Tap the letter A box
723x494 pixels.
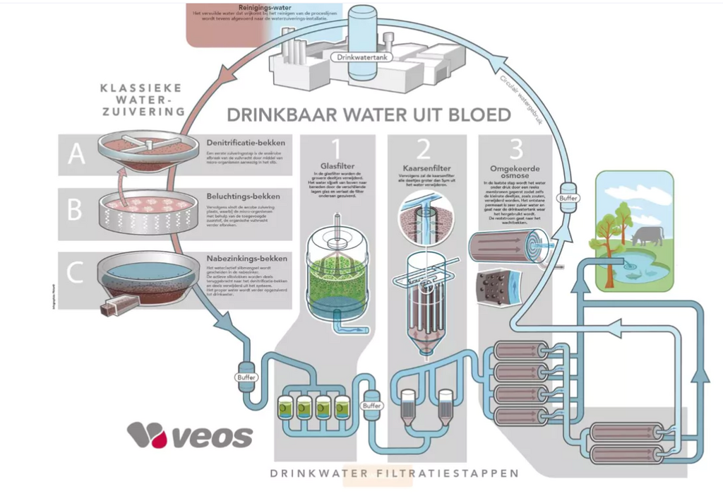click(76, 153)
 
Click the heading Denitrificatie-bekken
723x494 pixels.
click(242, 141)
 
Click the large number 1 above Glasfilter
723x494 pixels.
click(335, 149)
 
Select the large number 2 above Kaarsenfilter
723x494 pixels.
click(424, 149)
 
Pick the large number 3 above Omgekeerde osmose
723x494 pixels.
click(516, 149)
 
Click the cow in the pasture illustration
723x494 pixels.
click(647, 235)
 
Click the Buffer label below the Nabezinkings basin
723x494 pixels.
click(246, 377)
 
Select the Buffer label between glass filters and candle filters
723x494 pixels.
click(371, 406)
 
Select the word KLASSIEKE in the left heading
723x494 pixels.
click(141, 88)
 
